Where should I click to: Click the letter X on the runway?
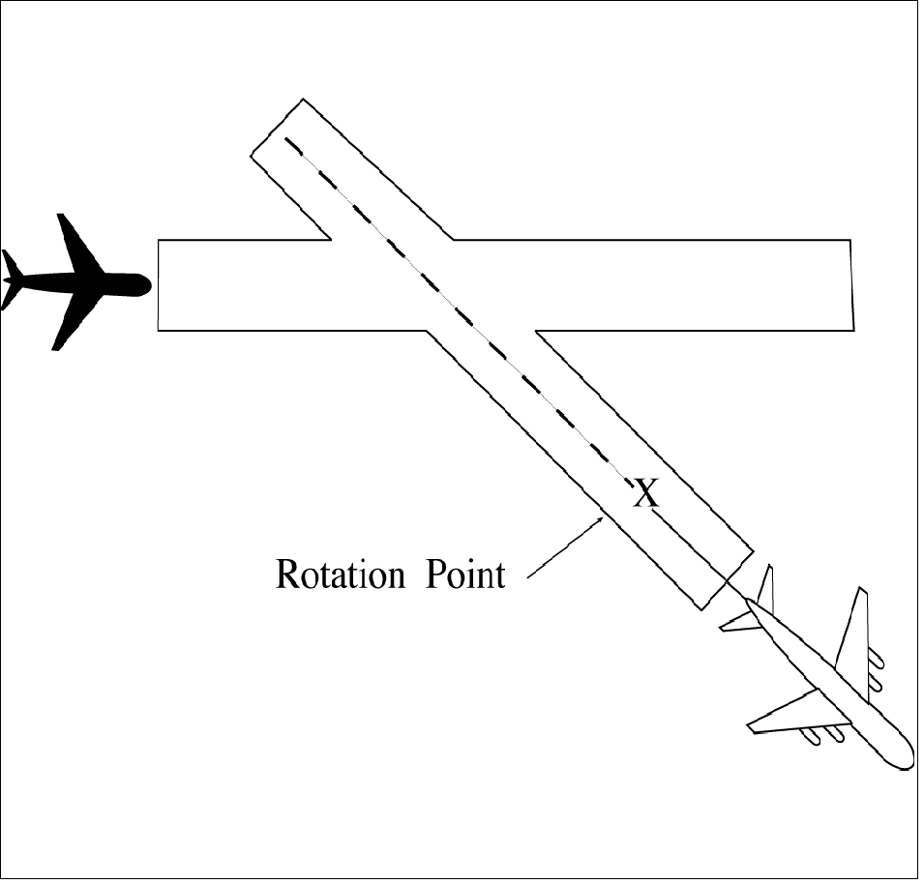point(645,495)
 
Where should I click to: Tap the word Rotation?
point(338,574)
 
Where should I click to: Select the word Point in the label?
point(465,574)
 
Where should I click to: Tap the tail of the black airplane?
point(12,280)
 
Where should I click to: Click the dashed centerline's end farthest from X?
point(286,140)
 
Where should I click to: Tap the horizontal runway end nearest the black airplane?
point(159,284)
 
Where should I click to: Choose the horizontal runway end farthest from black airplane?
point(851,284)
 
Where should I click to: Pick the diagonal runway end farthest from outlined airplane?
point(278,126)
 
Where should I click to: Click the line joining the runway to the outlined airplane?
point(735,592)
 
